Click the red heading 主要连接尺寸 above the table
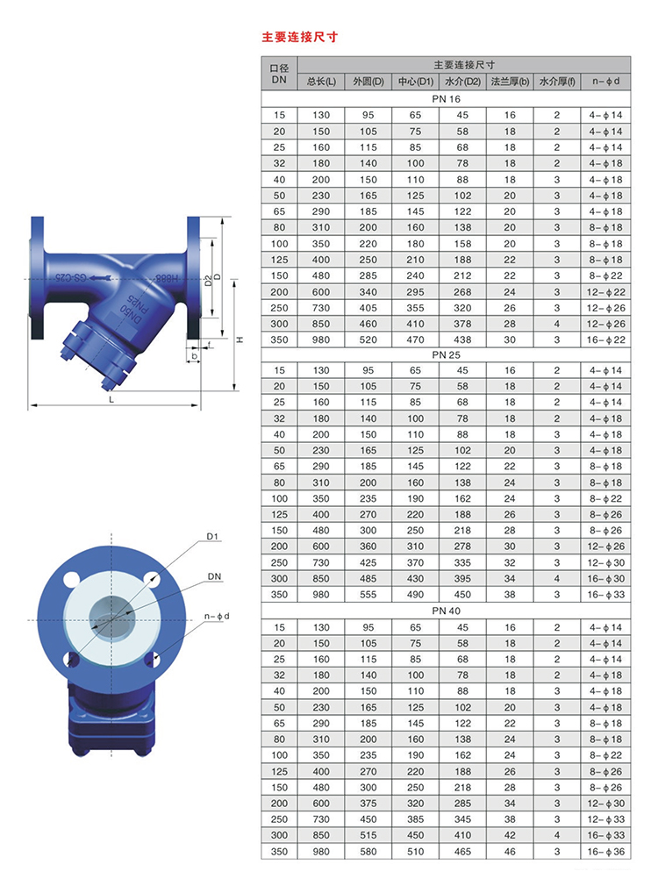point(299,38)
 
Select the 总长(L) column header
point(320,82)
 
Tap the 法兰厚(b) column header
point(510,82)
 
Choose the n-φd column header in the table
point(605,82)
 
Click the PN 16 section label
point(446,99)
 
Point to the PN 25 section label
point(446,354)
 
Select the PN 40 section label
point(446,611)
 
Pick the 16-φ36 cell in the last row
point(605,852)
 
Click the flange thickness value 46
point(510,852)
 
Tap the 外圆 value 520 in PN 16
point(368,339)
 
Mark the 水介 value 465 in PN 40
point(462,852)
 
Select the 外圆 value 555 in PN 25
point(368,595)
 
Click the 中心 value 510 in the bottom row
point(415,852)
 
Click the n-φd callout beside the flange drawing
point(216,616)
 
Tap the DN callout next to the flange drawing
point(214,576)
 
